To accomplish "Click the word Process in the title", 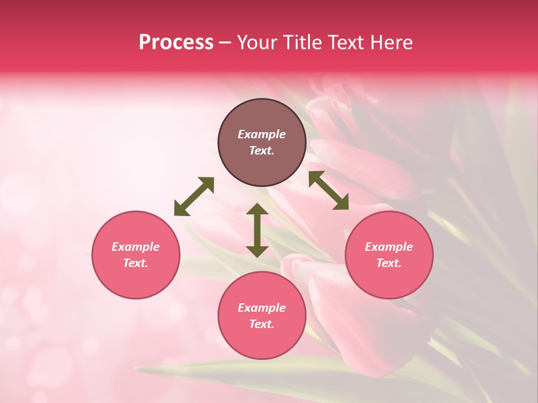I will coord(176,43).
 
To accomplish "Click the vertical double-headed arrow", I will coord(257,230).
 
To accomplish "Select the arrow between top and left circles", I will coord(194,196).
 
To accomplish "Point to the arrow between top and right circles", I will coord(328,190).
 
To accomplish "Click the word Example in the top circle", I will coord(262,134).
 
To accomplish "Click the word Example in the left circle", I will coord(136,247).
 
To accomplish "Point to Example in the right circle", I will coord(389,247).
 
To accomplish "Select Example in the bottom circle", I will coord(262,308).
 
